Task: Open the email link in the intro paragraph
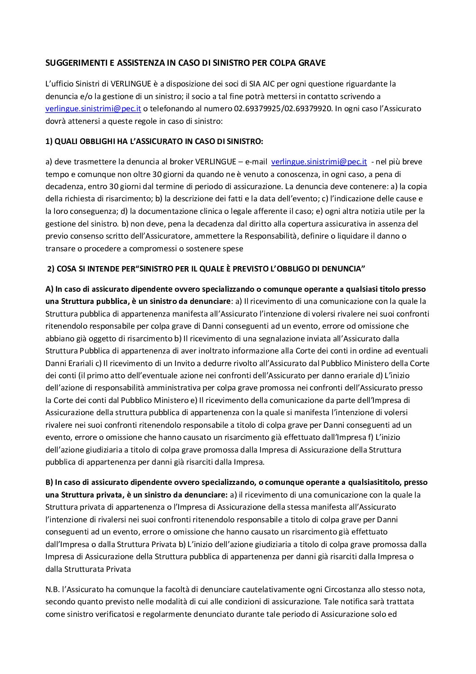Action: point(94,109)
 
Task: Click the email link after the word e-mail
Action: point(319,162)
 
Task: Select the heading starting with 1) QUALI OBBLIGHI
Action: point(154,141)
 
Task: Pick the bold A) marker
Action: point(49,289)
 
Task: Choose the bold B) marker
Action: point(49,482)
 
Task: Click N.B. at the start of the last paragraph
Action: point(52,589)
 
